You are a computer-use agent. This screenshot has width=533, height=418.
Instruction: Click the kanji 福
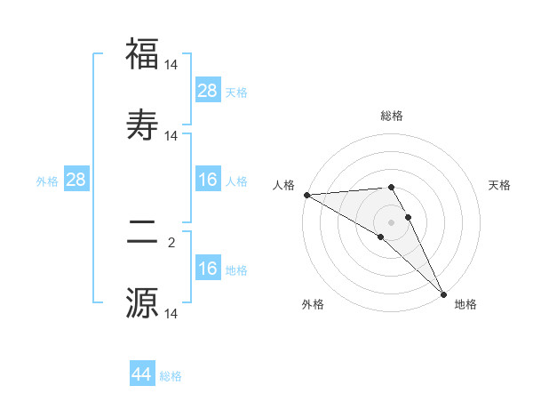142,55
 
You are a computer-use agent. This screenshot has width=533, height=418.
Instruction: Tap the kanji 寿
142,125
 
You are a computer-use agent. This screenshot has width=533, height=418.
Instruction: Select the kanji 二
142,232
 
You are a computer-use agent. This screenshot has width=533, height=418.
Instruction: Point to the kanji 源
142,303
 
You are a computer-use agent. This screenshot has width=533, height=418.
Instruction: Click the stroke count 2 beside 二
171,241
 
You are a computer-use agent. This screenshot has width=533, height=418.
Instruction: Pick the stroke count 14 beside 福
171,65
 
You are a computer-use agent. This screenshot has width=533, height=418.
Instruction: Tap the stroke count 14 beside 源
171,313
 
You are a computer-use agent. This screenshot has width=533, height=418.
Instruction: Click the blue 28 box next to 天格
208,91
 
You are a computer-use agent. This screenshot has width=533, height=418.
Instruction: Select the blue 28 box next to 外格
76,181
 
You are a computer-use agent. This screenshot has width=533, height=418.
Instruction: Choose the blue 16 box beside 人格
208,181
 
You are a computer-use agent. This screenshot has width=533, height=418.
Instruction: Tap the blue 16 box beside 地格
208,269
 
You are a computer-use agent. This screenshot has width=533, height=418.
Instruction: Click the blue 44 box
142,374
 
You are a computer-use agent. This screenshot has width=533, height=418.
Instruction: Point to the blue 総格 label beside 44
171,376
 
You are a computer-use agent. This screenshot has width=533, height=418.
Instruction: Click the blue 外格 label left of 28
47,181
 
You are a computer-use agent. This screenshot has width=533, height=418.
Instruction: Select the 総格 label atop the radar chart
392,116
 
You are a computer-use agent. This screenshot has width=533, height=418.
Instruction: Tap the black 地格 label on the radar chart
465,304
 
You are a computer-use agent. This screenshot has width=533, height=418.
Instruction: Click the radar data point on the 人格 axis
306,195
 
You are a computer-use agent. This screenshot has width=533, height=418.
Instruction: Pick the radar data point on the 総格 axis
391,187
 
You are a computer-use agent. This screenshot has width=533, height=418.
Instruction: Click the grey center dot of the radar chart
391,221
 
